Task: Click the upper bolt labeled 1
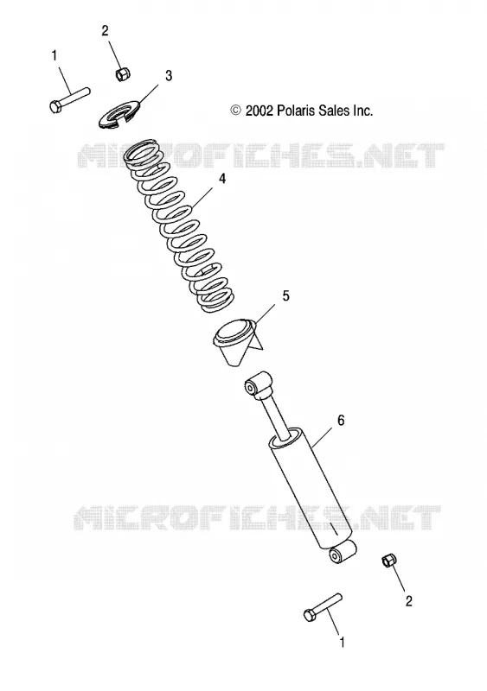[x=70, y=100]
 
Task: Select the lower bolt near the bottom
[x=323, y=607]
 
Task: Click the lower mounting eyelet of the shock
[x=343, y=552]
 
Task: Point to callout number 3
[x=169, y=76]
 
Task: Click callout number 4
[x=222, y=179]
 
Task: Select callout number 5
[x=286, y=295]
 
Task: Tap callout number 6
[x=341, y=421]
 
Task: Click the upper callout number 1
[x=54, y=56]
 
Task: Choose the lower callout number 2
[x=408, y=601]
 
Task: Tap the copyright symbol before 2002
[x=236, y=111]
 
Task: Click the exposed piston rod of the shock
[x=277, y=415]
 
